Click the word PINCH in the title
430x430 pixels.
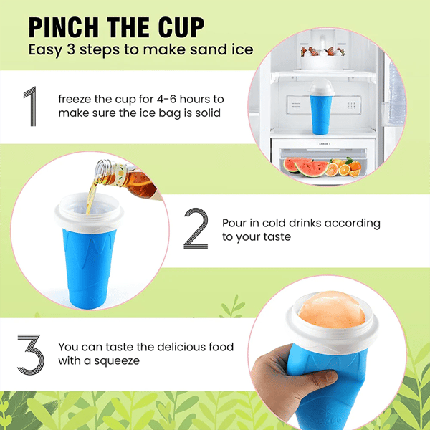coord(65,27)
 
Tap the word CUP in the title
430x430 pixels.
coord(178,27)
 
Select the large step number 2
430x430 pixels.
coord(196,229)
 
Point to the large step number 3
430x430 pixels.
coord(30,353)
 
